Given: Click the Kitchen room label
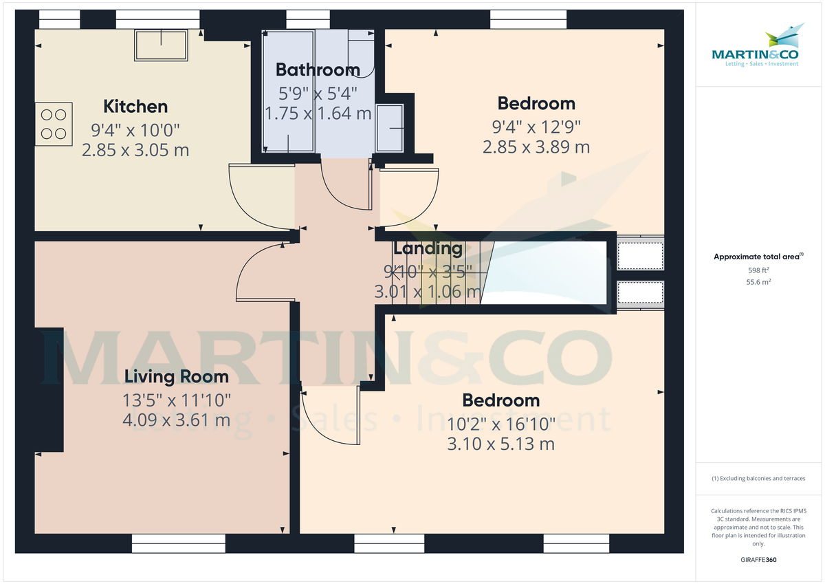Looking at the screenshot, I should click(135, 107).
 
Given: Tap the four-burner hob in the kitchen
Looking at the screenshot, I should click(54, 124).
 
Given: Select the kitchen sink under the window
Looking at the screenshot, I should click(161, 45).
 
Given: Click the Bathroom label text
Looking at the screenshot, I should click(318, 69).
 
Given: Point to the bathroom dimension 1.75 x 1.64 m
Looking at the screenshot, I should click(318, 113).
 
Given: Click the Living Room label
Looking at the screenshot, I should click(177, 376).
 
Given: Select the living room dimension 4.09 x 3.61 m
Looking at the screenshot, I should click(177, 420).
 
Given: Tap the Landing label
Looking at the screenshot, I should click(428, 248).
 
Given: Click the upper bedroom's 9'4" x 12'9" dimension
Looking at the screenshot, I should click(536, 127).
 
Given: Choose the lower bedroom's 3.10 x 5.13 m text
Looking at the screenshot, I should click(500, 444).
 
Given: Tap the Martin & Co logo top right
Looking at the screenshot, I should click(755, 47).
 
